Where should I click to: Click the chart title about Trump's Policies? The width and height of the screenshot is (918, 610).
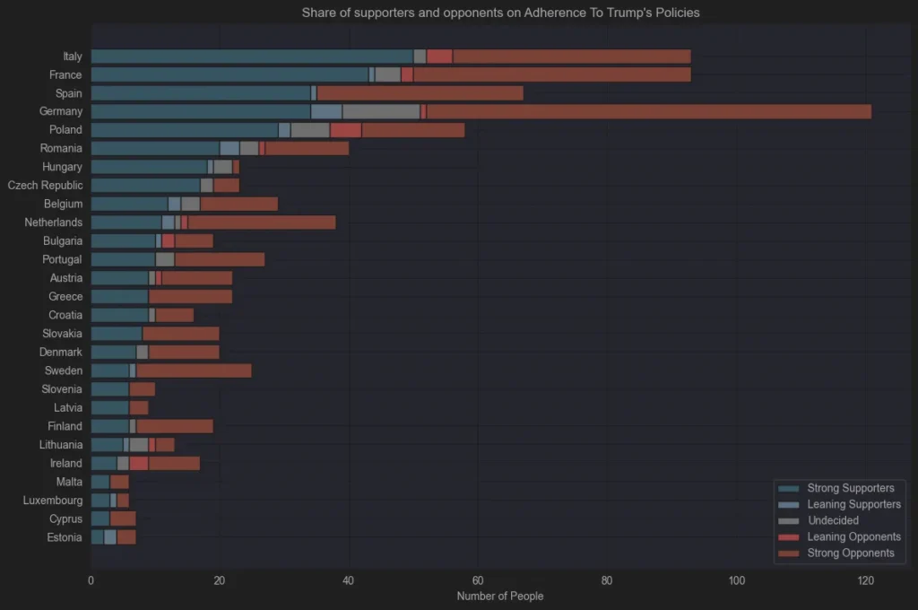coord(500,13)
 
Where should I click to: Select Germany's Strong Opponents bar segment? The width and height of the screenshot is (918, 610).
coord(649,111)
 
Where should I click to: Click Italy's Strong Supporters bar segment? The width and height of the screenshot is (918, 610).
coord(252,57)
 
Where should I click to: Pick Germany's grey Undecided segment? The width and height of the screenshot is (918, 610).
coord(381,111)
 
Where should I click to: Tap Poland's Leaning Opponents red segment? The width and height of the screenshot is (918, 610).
coord(346,130)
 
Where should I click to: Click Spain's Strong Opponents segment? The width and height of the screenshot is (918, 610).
coord(420,93)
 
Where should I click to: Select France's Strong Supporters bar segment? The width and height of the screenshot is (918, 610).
coord(230,75)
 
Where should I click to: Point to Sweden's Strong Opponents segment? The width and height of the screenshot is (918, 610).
coord(194,370)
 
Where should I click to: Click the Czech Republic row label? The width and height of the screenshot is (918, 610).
coord(45,186)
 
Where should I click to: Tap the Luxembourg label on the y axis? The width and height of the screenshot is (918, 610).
coord(53,501)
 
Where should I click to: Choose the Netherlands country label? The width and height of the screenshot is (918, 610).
coord(53,222)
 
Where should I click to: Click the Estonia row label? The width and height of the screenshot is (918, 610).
coord(65,537)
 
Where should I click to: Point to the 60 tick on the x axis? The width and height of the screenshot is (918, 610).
coord(478,580)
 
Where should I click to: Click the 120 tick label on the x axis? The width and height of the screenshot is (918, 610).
coord(865,580)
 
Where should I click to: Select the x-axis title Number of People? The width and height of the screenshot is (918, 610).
coord(500,596)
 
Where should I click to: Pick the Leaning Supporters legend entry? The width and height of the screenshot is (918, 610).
coord(839,504)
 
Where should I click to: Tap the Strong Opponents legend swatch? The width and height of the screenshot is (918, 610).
coord(789,553)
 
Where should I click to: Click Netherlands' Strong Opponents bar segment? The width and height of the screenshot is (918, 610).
coord(262,222)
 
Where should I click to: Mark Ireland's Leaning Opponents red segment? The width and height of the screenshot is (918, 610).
coord(139,464)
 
